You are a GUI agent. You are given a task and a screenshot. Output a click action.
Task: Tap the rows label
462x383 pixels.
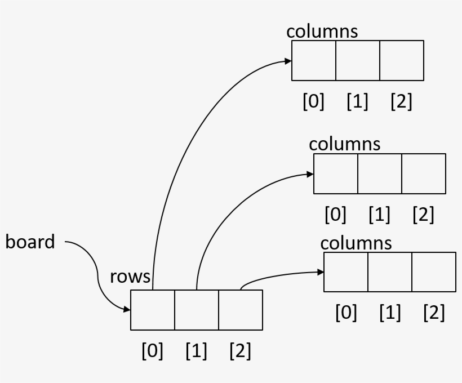(130, 277)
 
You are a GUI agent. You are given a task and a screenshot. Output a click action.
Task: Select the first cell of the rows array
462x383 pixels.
(153, 310)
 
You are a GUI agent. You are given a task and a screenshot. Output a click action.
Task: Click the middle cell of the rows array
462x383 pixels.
(197, 310)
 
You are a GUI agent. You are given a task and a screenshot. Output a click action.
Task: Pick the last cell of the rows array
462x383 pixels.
(241, 310)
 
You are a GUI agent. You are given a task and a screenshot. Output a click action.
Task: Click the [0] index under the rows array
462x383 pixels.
(152, 351)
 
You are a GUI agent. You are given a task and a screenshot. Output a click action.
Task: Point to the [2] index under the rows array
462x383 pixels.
(241, 351)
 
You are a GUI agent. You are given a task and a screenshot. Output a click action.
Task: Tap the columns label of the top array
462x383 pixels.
(322, 32)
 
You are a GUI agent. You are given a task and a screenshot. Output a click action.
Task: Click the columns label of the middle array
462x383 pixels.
(344, 144)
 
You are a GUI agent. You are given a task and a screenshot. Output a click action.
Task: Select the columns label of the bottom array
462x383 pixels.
(356, 243)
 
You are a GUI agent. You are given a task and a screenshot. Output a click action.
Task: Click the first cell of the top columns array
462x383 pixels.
(314, 60)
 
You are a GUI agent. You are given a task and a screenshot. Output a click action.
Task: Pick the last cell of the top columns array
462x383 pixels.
(402, 60)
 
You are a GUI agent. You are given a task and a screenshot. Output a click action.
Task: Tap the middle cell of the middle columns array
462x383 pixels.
(380, 173)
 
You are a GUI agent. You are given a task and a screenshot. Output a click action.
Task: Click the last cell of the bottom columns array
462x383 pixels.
(434, 272)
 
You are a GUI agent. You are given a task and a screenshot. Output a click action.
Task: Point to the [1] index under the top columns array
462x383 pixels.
(357, 102)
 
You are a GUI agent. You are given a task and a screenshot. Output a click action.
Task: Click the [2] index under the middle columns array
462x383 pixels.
(423, 215)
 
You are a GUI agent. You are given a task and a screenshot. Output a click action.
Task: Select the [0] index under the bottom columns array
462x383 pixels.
(346, 313)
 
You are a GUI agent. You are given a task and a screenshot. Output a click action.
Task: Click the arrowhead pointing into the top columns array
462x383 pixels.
(288, 60)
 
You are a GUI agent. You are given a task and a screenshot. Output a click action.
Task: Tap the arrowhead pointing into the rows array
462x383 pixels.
(127, 309)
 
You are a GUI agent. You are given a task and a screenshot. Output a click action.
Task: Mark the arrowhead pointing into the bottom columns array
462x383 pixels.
(321, 272)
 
